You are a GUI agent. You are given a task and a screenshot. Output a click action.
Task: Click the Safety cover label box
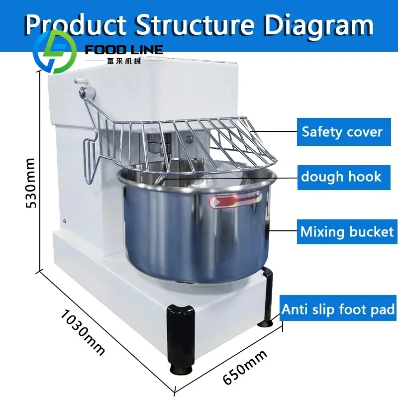(344, 132)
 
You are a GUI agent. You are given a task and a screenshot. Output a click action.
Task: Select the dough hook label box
(344, 178)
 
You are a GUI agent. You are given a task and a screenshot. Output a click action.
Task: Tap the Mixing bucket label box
(347, 232)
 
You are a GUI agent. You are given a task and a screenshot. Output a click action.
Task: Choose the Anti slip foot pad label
(338, 309)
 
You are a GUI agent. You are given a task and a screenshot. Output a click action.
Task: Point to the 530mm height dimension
(30, 183)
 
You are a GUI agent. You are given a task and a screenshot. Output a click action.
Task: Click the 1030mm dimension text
(83, 332)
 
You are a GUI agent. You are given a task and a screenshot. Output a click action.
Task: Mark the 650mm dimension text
(245, 367)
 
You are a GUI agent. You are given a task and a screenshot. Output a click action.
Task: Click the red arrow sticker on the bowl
(236, 199)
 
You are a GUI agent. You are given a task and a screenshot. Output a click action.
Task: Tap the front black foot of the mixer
(181, 340)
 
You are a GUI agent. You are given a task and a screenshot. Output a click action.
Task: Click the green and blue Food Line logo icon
(55, 51)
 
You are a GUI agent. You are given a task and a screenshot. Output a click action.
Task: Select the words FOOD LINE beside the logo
(124, 50)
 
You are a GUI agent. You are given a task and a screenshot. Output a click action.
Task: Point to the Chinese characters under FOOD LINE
(124, 61)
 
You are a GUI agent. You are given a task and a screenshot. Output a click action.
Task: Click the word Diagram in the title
(319, 25)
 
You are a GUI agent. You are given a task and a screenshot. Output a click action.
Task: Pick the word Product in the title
(76, 24)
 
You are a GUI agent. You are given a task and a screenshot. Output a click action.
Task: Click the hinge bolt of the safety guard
(82, 92)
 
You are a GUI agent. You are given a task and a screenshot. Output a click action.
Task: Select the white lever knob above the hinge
(81, 82)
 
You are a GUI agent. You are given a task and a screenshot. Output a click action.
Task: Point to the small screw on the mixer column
(65, 220)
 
